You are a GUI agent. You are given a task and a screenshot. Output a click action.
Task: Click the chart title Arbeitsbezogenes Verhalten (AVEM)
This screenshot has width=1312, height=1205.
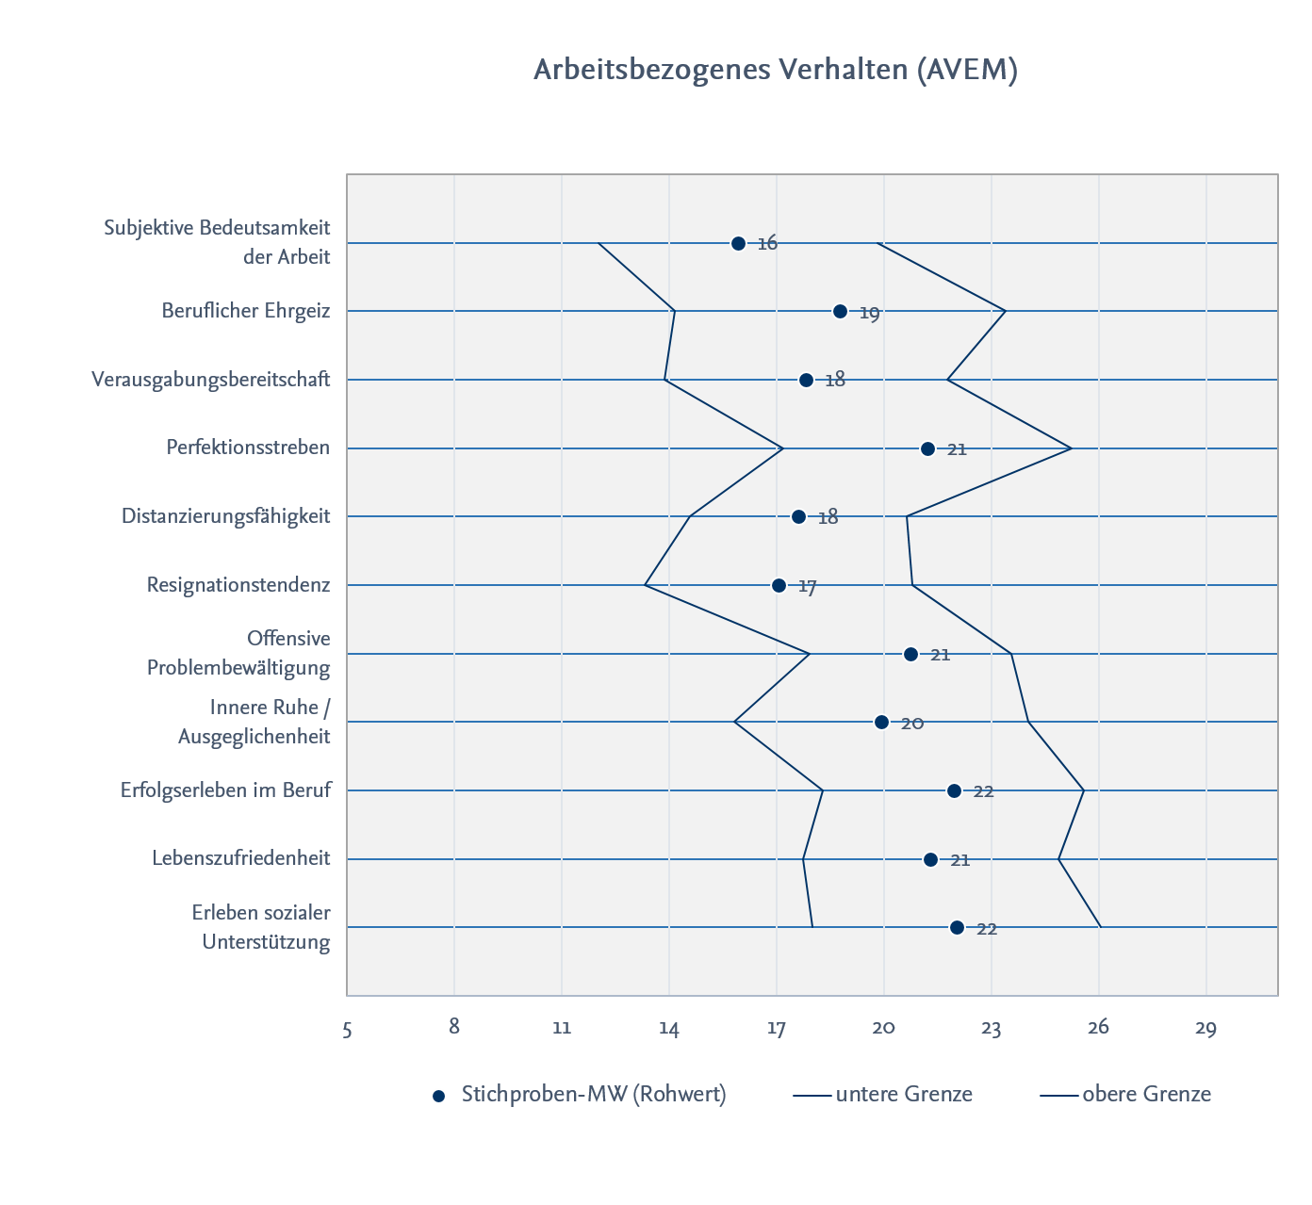(775, 70)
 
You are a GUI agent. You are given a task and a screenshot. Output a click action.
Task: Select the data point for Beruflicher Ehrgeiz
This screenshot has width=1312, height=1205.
(841, 312)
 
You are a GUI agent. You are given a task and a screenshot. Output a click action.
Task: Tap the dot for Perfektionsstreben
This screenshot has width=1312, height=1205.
(927, 449)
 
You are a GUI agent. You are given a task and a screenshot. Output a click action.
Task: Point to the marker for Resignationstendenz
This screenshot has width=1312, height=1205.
(779, 586)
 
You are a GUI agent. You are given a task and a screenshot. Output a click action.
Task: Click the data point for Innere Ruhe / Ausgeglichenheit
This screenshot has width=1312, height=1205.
(881, 723)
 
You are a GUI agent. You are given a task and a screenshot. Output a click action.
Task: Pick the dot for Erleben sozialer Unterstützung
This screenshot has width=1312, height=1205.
(957, 928)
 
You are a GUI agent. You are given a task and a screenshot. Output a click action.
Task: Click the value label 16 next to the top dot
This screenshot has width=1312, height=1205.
(767, 244)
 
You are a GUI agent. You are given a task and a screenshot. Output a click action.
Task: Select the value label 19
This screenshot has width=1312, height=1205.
(869, 314)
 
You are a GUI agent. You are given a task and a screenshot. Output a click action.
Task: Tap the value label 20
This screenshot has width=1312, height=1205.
(912, 724)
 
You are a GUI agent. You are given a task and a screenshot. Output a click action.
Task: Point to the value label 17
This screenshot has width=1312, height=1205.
(807, 587)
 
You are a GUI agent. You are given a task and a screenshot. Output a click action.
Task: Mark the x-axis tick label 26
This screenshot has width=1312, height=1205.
(1098, 1028)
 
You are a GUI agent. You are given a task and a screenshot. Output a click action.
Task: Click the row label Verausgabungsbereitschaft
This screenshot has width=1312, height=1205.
(210, 380)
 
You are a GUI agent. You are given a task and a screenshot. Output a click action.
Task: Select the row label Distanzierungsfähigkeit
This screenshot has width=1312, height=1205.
(225, 516)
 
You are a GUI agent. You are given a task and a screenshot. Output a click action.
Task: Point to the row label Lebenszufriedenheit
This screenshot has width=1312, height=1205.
(240, 857)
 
